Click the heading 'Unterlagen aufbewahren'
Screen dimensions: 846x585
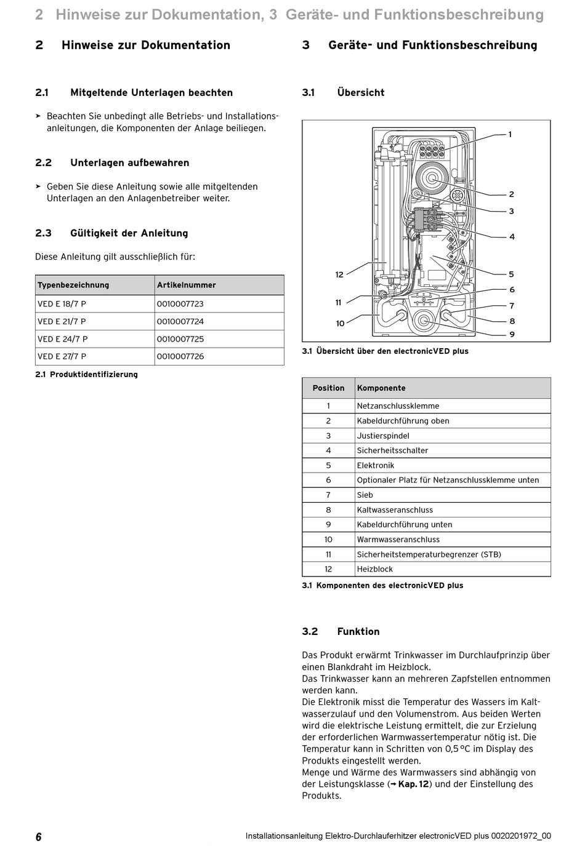(129, 163)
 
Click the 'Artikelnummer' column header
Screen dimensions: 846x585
(187, 285)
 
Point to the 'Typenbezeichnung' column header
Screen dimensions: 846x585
(73, 285)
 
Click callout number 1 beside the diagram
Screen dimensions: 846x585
(510, 135)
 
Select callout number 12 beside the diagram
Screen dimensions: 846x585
(339, 274)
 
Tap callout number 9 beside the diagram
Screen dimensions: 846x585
(512, 335)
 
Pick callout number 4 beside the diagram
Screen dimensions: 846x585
(512, 237)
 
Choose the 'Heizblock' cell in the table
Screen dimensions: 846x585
(375, 569)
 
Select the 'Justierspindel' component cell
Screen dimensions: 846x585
(383, 436)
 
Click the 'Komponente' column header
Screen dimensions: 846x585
(381, 388)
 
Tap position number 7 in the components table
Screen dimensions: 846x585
(328, 495)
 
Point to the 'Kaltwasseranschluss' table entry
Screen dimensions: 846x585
(395, 510)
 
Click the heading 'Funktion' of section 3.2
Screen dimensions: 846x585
(358, 632)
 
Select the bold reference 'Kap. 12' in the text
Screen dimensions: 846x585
(414, 784)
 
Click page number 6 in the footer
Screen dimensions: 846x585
(39, 837)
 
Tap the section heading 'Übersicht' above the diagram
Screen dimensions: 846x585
(361, 93)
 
